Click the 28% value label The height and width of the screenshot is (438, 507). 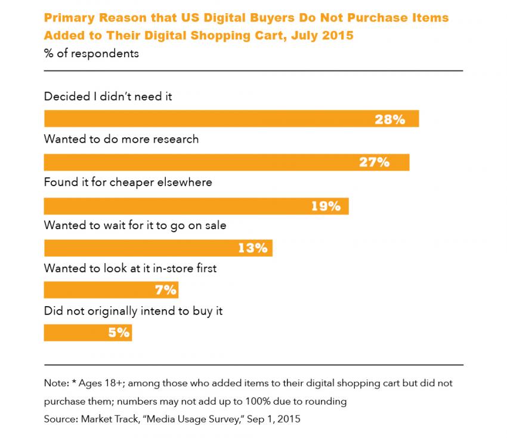point(389,119)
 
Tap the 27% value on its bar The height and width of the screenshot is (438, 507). point(374,162)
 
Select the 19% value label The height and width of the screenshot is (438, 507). point(326,206)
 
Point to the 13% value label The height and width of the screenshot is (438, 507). point(253,248)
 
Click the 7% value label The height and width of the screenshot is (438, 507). point(165,290)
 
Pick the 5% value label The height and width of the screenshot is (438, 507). point(119,333)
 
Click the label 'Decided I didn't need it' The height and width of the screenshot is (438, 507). point(108,96)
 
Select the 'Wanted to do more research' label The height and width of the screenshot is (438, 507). point(121,139)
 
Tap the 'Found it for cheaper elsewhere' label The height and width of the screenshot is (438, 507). point(128,182)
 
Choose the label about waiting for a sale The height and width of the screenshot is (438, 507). point(135,226)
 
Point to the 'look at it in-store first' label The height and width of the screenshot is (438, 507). point(130,268)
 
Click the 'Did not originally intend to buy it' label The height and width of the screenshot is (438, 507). point(134,311)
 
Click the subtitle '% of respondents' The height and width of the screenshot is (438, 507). point(91,54)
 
